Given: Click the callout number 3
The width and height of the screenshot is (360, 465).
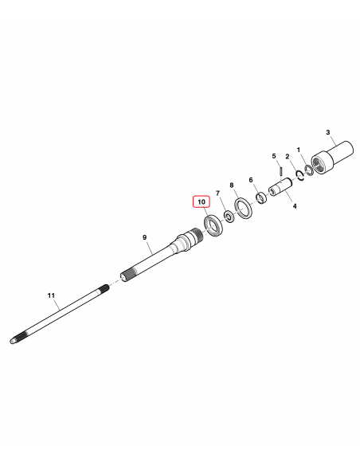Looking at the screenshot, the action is (327, 132).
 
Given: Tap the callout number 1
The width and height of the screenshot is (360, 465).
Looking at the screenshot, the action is (299, 150).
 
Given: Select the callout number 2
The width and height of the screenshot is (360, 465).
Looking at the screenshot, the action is (287, 156).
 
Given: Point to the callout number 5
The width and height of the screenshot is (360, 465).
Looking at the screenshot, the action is (274, 156).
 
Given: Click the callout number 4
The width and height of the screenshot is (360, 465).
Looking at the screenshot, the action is (295, 205).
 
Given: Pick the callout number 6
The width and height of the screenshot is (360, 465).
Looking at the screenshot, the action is (251, 180).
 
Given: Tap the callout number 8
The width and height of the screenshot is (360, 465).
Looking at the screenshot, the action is (232, 186).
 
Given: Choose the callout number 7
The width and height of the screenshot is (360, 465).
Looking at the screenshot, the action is (218, 193).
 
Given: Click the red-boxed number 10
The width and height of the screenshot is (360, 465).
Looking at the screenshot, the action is (202, 202).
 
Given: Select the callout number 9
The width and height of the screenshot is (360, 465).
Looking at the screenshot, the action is (144, 237).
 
